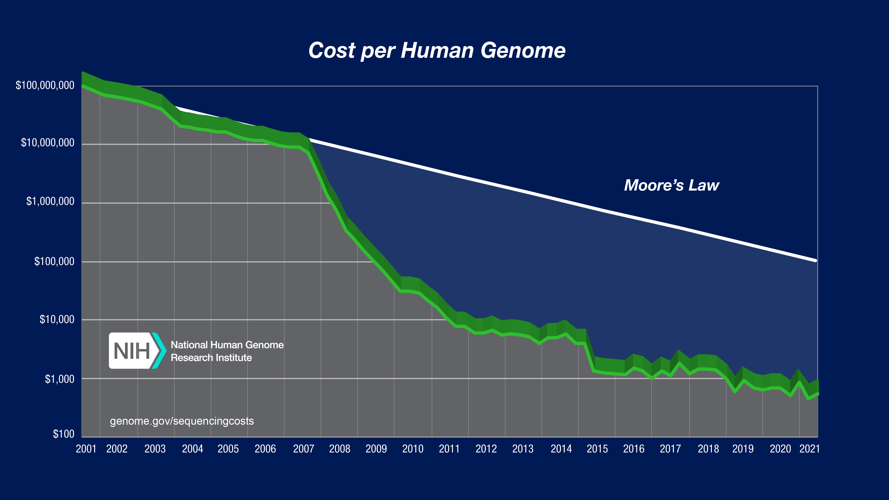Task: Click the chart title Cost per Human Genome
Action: pos(436,51)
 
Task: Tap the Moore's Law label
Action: pos(671,185)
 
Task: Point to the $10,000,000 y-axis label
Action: pos(48,143)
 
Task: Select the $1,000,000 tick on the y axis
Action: pos(50,201)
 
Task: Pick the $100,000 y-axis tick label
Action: pos(54,261)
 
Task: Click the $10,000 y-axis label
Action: pos(57,320)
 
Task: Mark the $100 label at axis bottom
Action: pos(64,434)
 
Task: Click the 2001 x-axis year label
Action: pos(86,449)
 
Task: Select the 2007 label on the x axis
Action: pos(303,449)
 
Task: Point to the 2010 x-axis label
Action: pos(413,449)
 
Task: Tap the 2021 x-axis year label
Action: pos(809,449)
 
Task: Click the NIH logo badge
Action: pos(136,351)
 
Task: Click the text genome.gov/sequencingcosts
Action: pos(182,421)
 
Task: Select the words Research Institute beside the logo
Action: pos(211,358)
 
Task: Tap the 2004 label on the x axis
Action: pos(192,449)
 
